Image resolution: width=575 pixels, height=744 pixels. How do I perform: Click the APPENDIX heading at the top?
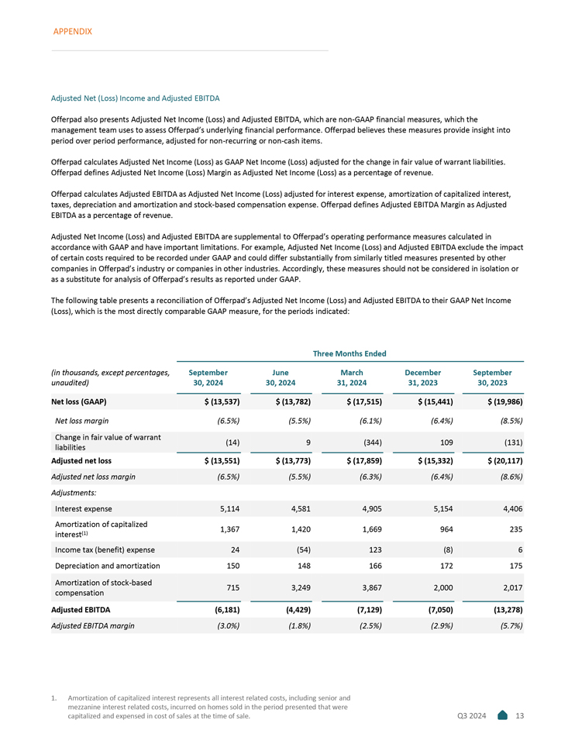[73, 31]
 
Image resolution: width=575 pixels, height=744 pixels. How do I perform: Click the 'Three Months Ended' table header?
[349, 353]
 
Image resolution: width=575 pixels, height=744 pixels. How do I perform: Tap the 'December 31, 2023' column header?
[423, 377]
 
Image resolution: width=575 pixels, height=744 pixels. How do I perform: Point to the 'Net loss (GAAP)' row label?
[78, 402]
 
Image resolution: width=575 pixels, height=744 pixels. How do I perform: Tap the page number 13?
[520, 715]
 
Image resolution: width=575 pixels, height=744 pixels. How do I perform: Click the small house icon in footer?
[502, 715]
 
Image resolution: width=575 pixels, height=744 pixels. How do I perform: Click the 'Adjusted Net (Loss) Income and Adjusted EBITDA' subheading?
[135, 98]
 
